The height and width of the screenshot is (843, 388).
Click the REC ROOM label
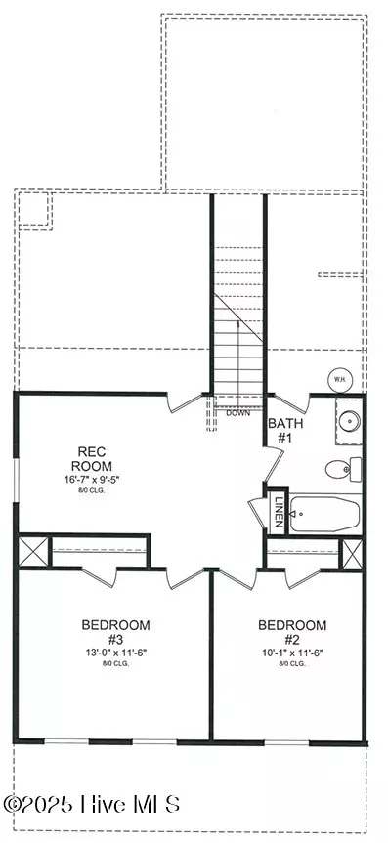(x=98, y=458)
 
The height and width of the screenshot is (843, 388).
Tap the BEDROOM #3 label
(x=114, y=632)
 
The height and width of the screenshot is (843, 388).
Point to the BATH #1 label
(x=285, y=431)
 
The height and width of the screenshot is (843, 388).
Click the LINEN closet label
(x=278, y=511)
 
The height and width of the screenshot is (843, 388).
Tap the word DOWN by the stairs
(x=237, y=412)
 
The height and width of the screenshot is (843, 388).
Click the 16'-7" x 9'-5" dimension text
(x=98, y=482)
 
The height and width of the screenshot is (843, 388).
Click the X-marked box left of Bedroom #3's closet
(x=34, y=550)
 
